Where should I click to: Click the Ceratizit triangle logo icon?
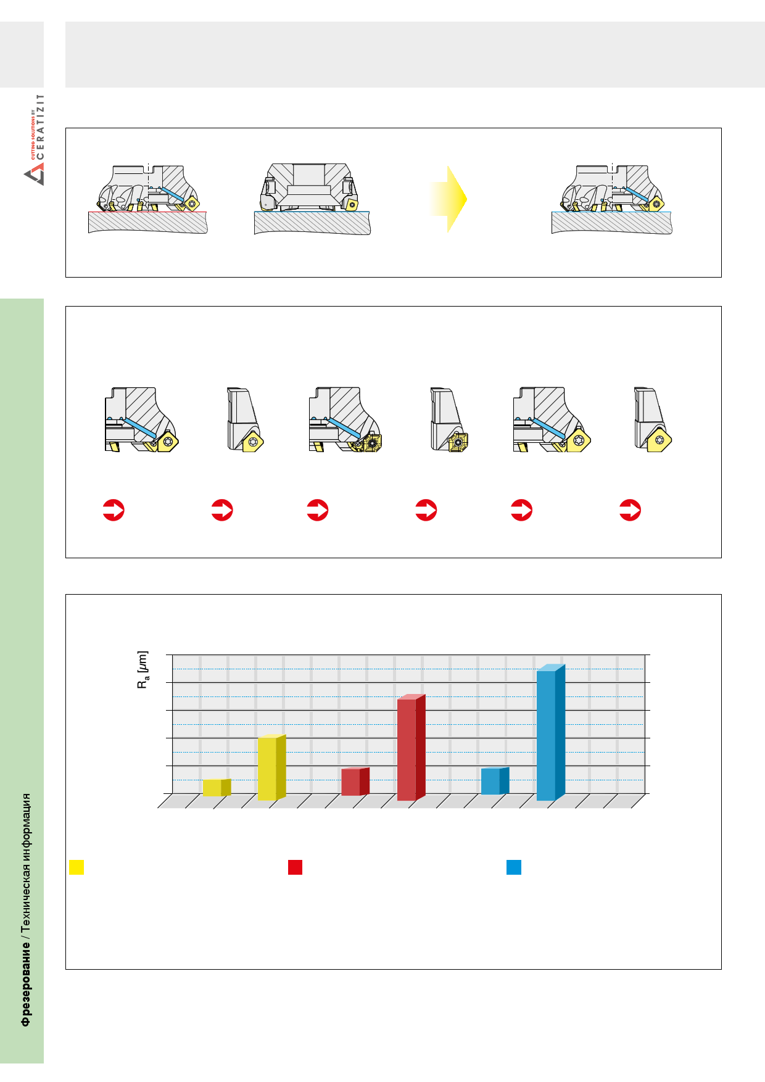click(x=35, y=176)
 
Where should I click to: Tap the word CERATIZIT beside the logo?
click(x=40, y=126)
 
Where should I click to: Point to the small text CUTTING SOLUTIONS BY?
click(x=33, y=135)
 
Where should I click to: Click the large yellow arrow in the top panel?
click(x=449, y=199)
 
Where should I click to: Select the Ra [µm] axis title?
click(x=143, y=669)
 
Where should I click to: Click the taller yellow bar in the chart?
click(x=271, y=767)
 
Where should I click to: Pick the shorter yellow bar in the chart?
click(x=217, y=788)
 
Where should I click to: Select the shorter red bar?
click(x=355, y=782)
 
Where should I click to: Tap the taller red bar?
click(x=411, y=748)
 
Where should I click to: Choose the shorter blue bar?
click(x=495, y=781)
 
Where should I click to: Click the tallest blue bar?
click(x=551, y=733)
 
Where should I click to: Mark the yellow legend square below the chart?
click(x=76, y=867)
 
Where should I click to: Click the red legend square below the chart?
click(x=296, y=867)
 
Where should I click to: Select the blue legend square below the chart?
click(x=514, y=867)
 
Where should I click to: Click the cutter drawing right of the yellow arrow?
click(x=612, y=199)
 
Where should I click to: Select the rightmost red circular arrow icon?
click(x=630, y=510)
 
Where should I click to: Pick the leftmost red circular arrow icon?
click(x=114, y=510)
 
